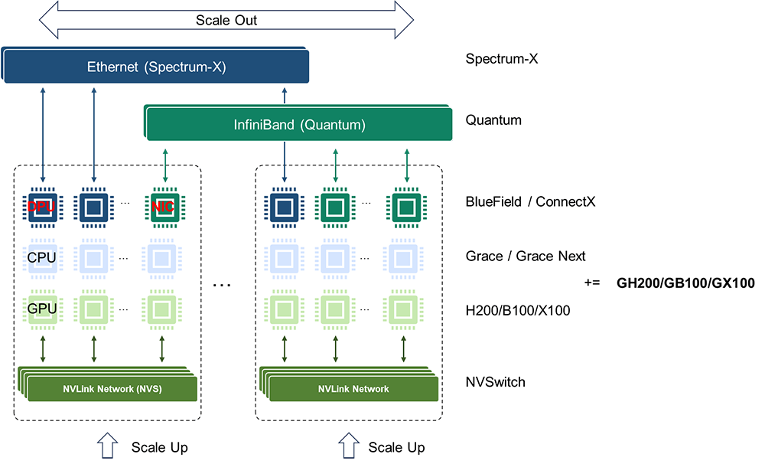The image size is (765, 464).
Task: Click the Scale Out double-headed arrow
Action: [x=226, y=20]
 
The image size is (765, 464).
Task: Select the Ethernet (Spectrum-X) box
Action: [x=156, y=66]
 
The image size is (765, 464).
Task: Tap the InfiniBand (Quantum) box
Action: [x=298, y=123]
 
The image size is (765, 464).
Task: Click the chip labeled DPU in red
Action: [x=42, y=207]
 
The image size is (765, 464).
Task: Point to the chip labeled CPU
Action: [x=42, y=258]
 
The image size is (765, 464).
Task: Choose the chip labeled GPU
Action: [x=42, y=309]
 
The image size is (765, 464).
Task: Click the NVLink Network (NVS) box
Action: [x=112, y=389]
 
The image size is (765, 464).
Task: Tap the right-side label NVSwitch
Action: [x=495, y=382]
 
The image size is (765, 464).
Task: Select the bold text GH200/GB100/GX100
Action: [x=685, y=283]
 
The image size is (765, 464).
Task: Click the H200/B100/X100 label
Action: [x=518, y=311]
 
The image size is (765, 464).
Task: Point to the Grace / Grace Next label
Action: [x=526, y=257]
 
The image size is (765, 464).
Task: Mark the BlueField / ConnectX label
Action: [x=530, y=201]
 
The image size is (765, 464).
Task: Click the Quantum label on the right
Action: [x=493, y=120]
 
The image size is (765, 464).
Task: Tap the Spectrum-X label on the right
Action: [x=502, y=59]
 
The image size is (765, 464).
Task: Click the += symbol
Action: [x=592, y=283]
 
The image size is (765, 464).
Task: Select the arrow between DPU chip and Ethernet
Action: [x=43, y=135]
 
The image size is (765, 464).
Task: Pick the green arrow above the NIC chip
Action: [x=165, y=165]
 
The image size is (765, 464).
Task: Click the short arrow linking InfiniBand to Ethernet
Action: [x=285, y=95]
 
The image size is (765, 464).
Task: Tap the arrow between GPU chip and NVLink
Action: [x=43, y=348]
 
